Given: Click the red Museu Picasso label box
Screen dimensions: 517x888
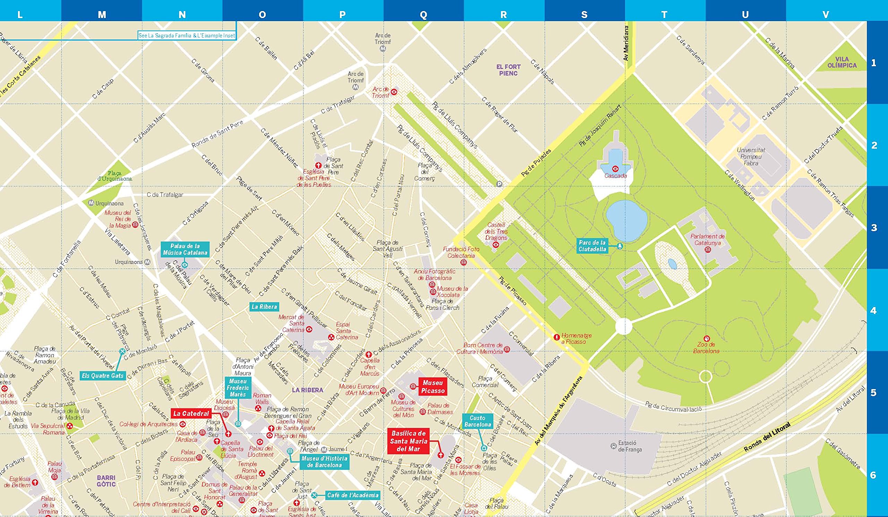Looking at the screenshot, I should click(x=433, y=387).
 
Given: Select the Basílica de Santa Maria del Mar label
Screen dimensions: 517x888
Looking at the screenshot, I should click(x=408, y=441).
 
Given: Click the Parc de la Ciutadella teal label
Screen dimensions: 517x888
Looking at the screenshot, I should click(x=592, y=246).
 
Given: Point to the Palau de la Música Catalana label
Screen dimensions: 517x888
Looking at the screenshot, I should click(x=185, y=249).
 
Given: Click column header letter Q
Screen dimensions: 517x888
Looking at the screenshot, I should click(x=424, y=15).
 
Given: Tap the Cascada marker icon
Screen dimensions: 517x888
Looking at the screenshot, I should click(x=615, y=168).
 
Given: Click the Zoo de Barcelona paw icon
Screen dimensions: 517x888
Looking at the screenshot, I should click(x=706, y=338).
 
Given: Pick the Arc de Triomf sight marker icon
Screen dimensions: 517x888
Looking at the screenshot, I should click(x=394, y=92).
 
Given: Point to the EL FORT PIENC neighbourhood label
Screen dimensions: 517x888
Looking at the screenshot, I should click(x=508, y=70).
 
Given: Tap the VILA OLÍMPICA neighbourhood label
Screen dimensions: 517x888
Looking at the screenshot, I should click(x=842, y=62).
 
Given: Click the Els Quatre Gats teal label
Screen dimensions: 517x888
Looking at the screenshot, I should click(x=103, y=376).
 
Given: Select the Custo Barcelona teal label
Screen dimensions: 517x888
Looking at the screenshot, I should click(x=478, y=421).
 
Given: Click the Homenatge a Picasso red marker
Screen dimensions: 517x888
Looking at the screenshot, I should click(x=557, y=337).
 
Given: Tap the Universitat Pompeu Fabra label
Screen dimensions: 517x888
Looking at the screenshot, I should click(x=751, y=156).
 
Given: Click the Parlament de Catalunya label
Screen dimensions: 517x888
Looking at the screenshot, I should click(x=707, y=239).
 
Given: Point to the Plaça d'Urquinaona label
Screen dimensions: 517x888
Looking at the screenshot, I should click(x=114, y=176).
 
